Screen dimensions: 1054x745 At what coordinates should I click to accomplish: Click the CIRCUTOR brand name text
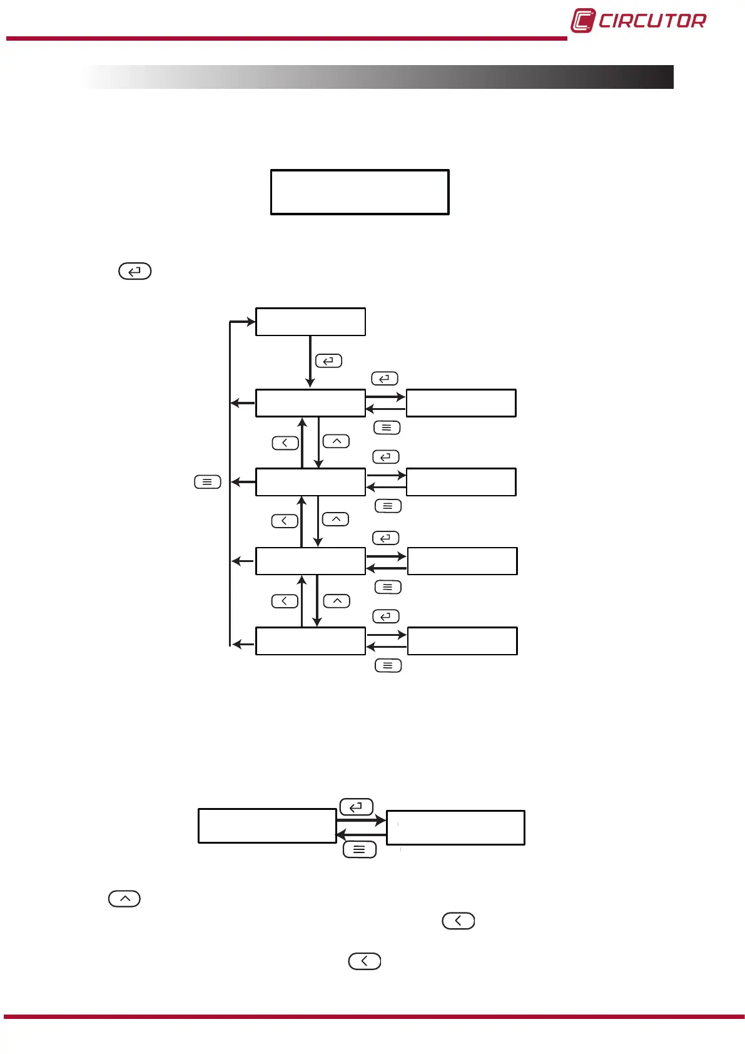pos(652,21)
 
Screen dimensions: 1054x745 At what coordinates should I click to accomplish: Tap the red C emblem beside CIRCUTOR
pos(582,21)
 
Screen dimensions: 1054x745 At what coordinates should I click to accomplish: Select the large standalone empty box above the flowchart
pos(360,192)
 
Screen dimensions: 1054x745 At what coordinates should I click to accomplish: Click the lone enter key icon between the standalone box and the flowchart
pos(135,272)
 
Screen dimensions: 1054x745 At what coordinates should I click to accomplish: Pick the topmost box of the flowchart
pos(310,322)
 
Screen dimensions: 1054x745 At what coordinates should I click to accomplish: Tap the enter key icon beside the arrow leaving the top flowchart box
pos(328,361)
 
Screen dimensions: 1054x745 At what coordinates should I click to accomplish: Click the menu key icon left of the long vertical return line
pos(208,482)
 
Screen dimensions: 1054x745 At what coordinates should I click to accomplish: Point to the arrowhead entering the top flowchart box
pos(251,322)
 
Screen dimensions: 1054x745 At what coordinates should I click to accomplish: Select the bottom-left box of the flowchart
pos(310,641)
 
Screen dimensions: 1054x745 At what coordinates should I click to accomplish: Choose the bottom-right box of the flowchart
pos(462,641)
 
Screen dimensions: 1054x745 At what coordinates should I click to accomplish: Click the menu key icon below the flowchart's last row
pos(388,665)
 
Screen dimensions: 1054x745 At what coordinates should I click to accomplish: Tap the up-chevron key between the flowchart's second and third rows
pos(336,519)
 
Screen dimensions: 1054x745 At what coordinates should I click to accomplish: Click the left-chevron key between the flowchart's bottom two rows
pos(285,601)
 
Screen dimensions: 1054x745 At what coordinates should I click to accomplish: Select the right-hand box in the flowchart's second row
pos(461,482)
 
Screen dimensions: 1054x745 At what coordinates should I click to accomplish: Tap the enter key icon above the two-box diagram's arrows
pos(357,807)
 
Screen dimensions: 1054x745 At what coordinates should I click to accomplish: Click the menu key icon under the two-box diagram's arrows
pos(360,849)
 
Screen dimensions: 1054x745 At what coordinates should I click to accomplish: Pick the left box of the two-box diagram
pos(267,826)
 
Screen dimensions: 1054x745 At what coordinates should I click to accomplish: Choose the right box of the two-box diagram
pos(455,827)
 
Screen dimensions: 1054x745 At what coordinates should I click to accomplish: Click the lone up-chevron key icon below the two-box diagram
pos(124,899)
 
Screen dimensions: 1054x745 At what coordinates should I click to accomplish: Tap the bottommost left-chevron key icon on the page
pos(365,961)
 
